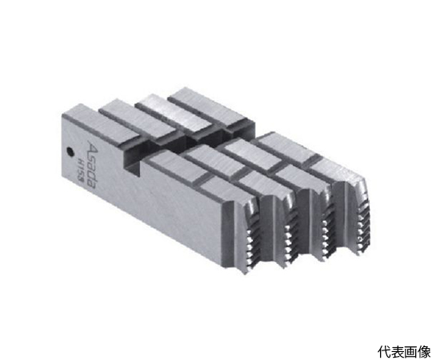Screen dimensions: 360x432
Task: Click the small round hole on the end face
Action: coord(70,150)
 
